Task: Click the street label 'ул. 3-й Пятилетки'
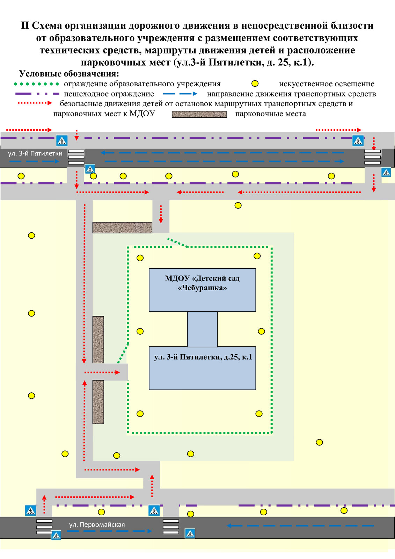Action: (x=35, y=153)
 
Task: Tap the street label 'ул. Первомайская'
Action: (x=97, y=524)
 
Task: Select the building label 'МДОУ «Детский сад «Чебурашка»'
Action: (x=202, y=283)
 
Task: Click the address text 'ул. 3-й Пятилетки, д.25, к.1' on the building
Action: (x=203, y=357)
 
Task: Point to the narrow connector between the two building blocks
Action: (x=202, y=329)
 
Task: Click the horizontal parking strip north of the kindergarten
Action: (x=122, y=227)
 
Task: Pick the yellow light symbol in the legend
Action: (x=255, y=84)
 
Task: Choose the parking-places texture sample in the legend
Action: (x=199, y=114)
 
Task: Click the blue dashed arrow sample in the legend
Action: (x=180, y=94)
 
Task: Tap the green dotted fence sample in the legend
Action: (x=36, y=84)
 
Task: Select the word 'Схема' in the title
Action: (x=47, y=26)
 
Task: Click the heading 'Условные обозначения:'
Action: (x=69, y=74)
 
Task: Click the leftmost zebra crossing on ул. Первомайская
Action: (x=44, y=527)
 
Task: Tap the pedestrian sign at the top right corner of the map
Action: (x=358, y=140)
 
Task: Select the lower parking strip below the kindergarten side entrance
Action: (x=98, y=402)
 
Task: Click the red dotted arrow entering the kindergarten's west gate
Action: (x=102, y=372)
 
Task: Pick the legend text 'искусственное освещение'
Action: (x=327, y=84)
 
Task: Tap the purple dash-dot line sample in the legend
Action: (x=37, y=94)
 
